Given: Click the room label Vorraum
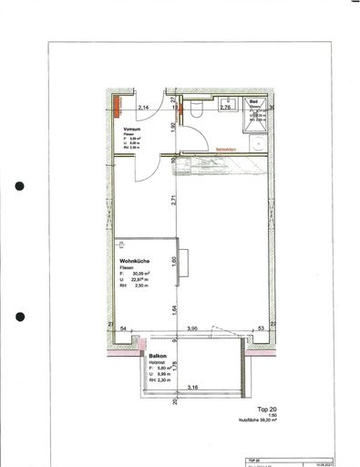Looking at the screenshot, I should coord(134,130).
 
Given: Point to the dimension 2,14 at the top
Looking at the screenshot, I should coord(143,108).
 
